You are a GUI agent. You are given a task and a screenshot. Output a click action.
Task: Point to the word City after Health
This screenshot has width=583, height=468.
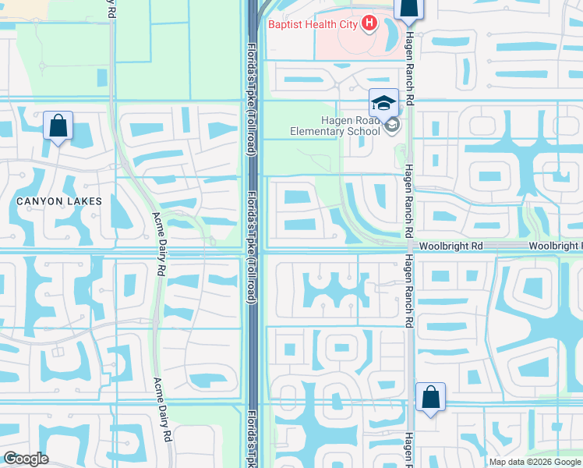click(x=348, y=24)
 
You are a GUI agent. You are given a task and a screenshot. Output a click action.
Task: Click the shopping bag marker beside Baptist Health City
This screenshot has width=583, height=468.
click(x=408, y=9)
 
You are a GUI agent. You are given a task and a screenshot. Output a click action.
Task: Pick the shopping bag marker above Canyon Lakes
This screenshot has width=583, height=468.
click(x=58, y=126)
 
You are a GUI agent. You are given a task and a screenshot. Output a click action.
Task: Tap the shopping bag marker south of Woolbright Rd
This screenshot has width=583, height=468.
click(x=430, y=398)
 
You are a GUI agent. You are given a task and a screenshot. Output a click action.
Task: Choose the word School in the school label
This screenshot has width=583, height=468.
click(x=362, y=131)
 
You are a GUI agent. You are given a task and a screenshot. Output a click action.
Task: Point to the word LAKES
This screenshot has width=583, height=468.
click(x=85, y=201)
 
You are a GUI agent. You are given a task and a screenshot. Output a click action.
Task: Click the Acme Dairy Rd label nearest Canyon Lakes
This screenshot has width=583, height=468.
click(x=160, y=243)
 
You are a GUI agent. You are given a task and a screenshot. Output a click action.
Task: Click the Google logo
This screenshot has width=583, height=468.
click(x=25, y=459)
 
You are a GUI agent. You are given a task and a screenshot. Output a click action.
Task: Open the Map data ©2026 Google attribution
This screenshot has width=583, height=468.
click(x=535, y=461)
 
